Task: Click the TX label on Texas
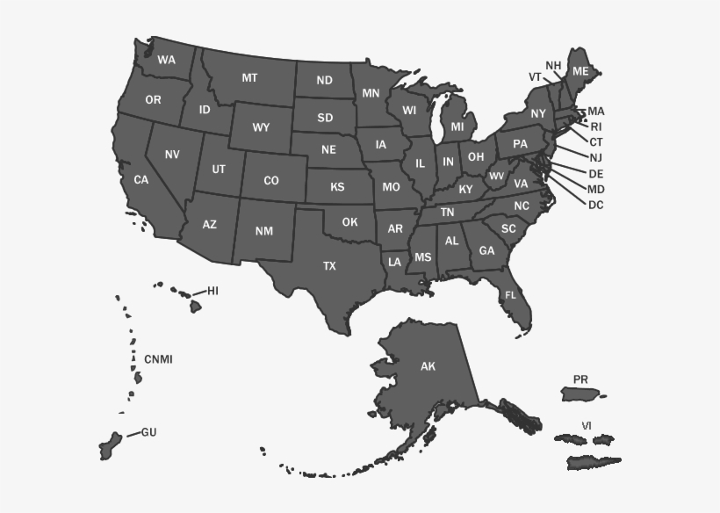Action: (329, 265)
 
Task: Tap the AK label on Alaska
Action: (428, 366)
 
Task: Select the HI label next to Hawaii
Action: (212, 290)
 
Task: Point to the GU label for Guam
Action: (148, 432)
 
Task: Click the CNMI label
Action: (158, 358)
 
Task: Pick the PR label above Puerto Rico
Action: (580, 379)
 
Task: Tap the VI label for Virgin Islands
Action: (586, 426)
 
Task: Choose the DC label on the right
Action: (595, 205)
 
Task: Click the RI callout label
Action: (596, 126)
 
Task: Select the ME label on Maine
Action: (580, 70)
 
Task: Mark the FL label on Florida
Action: (510, 295)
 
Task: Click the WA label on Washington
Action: (166, 61)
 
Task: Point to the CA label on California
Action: (140, 179)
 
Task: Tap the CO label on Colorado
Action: (271, 180)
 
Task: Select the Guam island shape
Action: (111, 444)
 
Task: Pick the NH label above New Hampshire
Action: (553, 66)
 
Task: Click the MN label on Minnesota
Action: (371, 92)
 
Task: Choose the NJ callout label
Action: (595, 157)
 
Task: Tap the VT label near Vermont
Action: (535, 76)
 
